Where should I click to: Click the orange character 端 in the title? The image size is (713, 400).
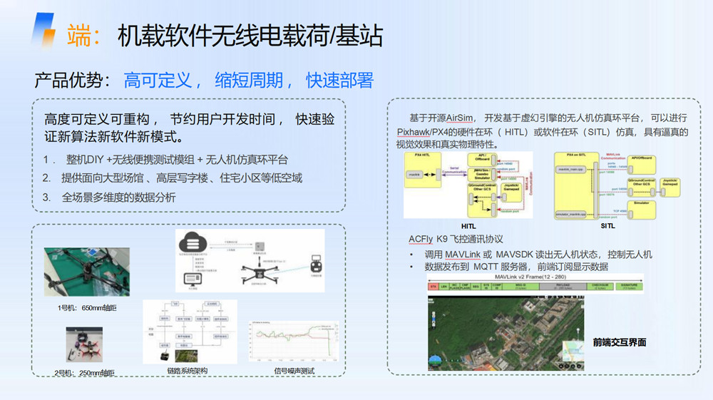tap(81, 34)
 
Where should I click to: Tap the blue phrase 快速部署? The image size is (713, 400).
tap(339, 80)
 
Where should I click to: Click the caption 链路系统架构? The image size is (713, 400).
tap(189, 371)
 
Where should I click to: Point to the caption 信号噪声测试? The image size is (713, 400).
tap(294, 371)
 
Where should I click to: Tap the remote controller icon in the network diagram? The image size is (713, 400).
tap(314, 266)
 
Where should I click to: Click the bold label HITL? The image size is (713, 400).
tap(468, 226)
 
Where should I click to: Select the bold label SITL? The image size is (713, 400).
tap(607, 226)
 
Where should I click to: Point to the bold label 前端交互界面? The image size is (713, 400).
tap(619, 342)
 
